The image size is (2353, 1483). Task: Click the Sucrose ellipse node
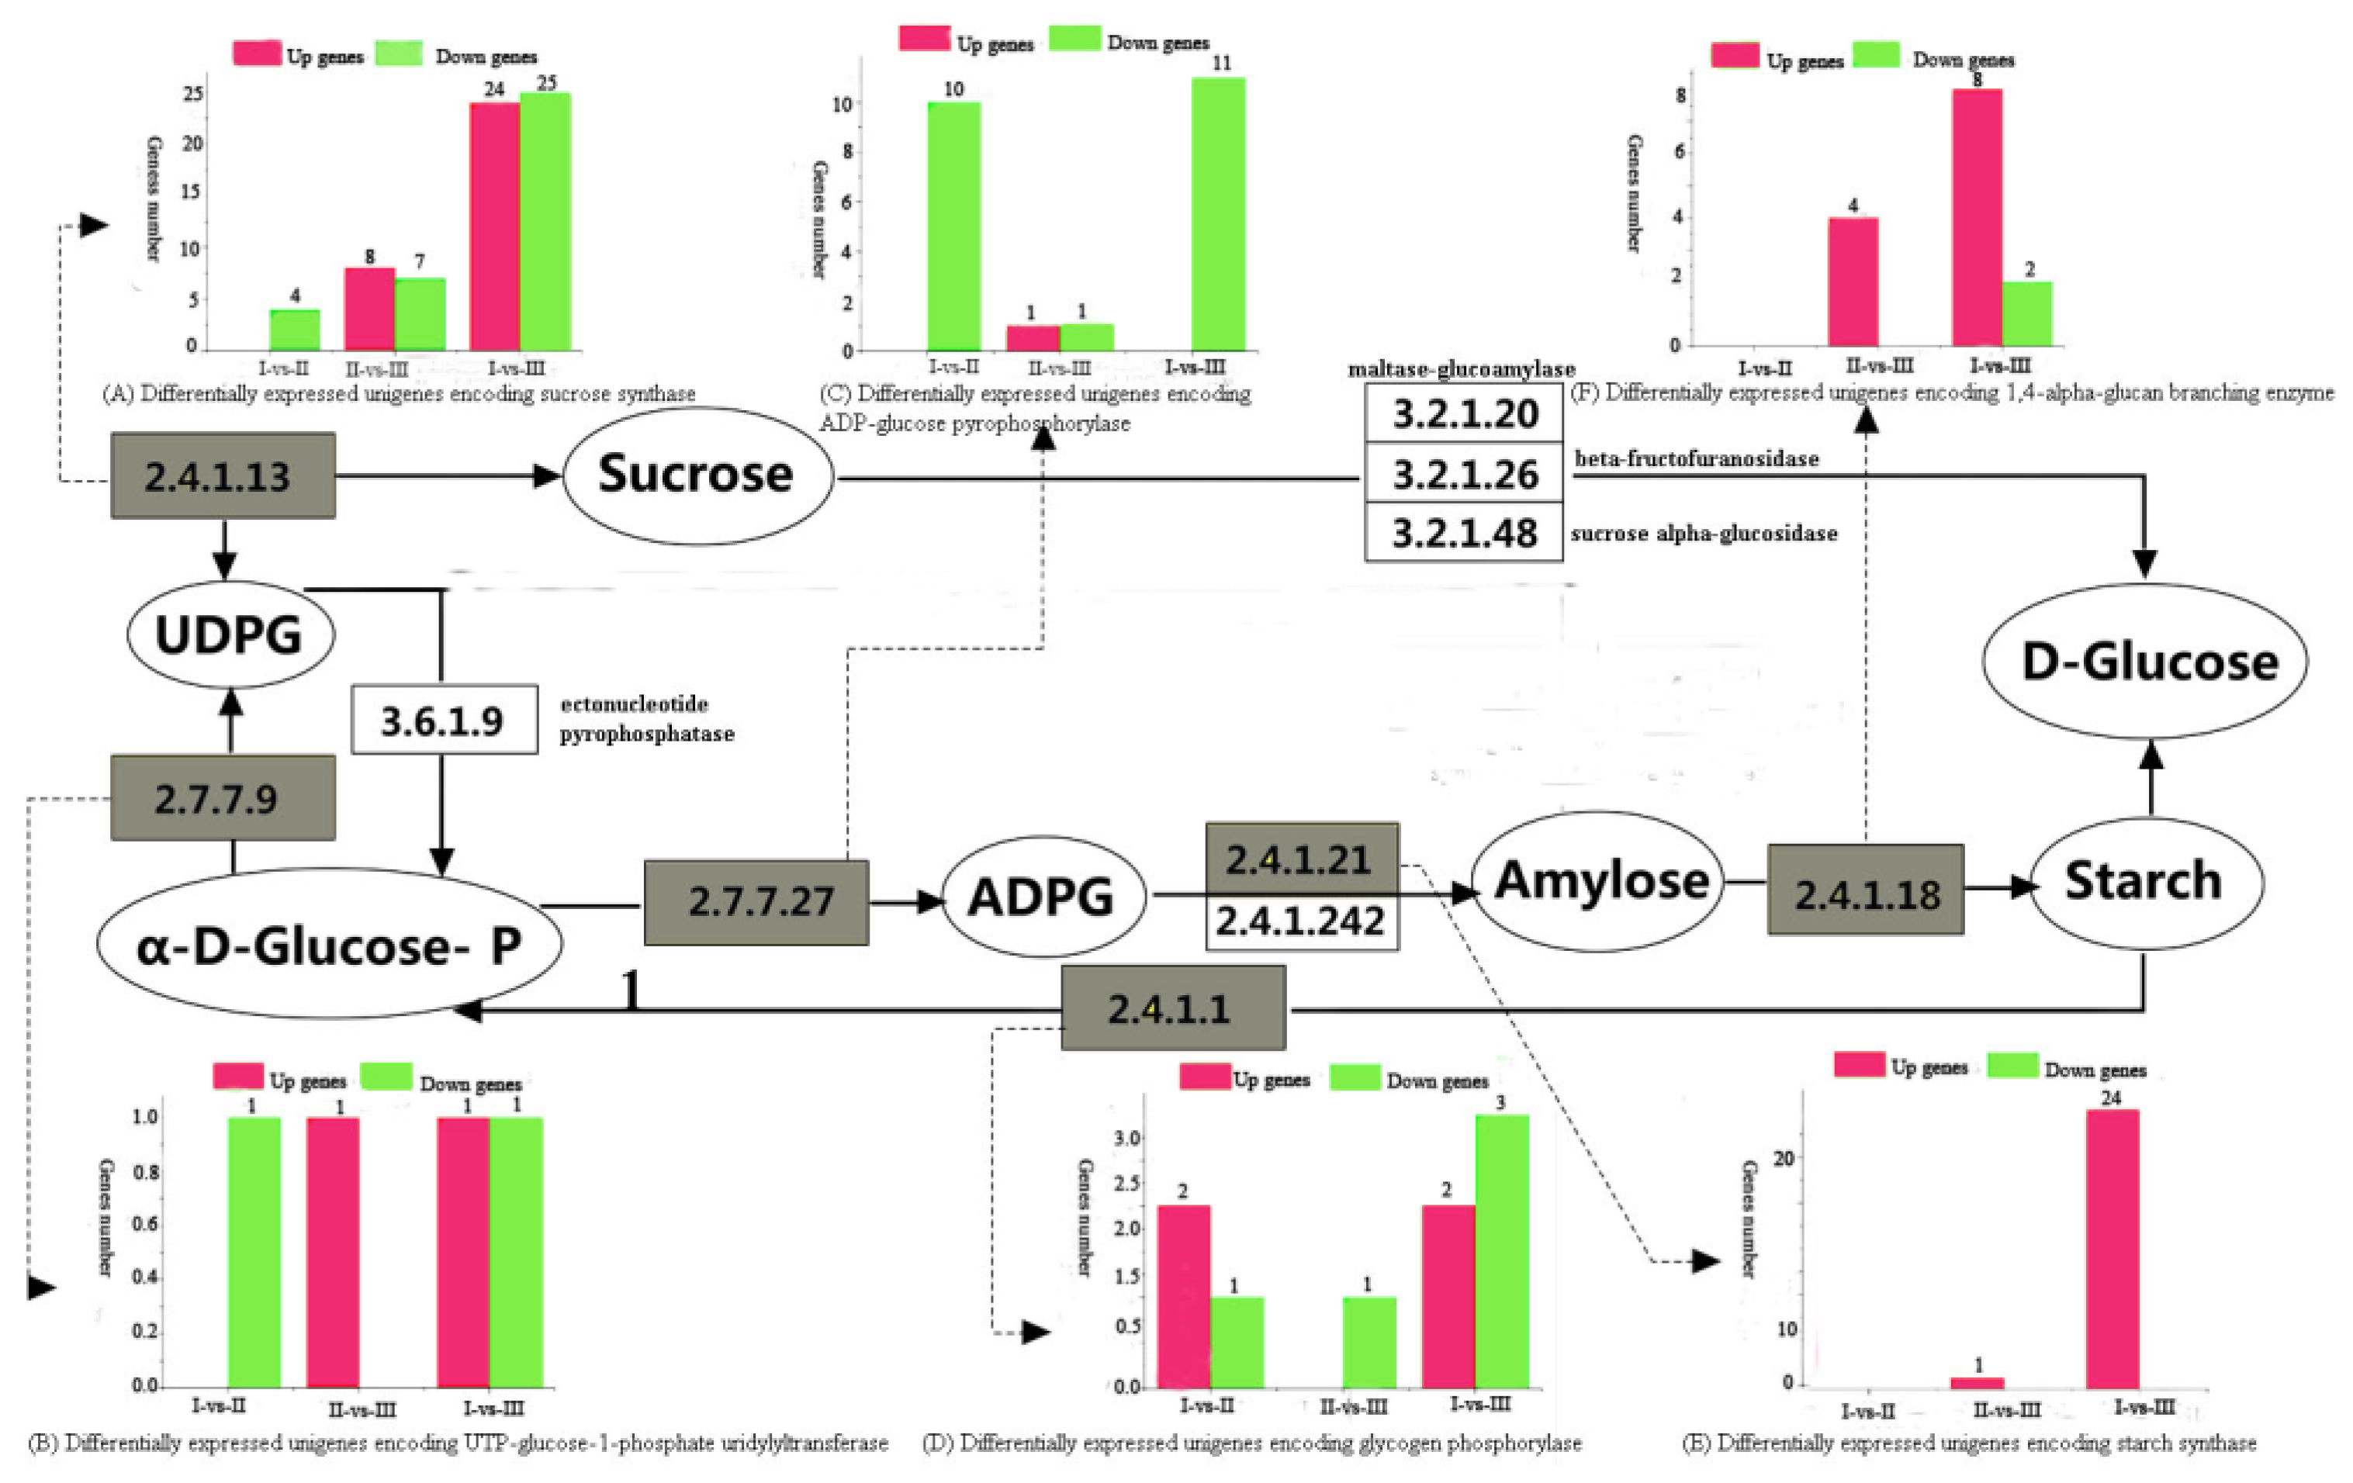point(697,475)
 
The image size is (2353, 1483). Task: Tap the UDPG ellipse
point(230,635)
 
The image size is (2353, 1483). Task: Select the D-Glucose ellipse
point(2146,662)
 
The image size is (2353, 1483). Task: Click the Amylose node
point(1599,881)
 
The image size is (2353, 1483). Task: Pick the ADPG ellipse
point(1042,897)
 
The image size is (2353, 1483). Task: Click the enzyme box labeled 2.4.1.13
point(222,475)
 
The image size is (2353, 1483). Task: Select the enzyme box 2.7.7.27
point(757,901)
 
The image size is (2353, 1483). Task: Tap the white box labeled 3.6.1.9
point(444,720)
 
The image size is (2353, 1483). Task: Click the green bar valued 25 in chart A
point(545,222)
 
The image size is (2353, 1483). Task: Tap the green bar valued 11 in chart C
point(1219,215)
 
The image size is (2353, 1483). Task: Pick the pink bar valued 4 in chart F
point(1853,282)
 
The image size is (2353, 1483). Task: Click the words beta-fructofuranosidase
point(1697,459)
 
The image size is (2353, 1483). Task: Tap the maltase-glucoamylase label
point(1461,369)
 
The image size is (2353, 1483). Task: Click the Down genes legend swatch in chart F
point(1876,56)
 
